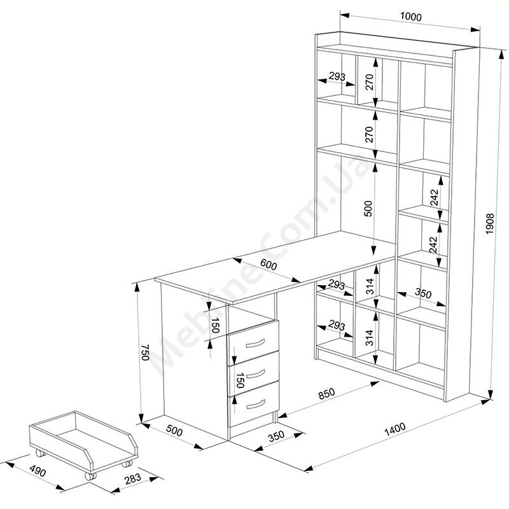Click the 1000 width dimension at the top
410,17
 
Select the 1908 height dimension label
490,224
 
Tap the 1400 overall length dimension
395,429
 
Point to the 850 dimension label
326,393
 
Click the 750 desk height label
145,352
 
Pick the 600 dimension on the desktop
268,265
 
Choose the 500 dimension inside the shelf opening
368,209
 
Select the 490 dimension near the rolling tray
38,471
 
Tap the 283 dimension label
133,479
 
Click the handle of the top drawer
256,343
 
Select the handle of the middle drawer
256,374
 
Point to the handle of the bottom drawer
256,404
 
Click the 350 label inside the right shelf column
423,293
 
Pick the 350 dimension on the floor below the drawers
276,436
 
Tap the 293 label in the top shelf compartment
337,76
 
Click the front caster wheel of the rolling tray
90,476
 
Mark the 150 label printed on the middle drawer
240,380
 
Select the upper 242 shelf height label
435,197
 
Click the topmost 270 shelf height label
370,82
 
